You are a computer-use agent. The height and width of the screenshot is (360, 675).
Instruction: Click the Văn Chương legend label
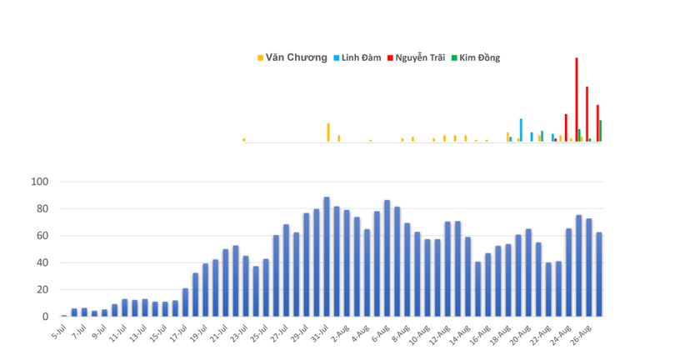296,58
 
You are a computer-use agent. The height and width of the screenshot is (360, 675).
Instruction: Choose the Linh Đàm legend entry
360,58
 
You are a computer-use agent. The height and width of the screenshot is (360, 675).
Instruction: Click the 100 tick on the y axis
40,182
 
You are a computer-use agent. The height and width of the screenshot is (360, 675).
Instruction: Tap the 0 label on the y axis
46,317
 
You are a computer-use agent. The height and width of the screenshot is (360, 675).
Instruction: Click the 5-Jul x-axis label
57,332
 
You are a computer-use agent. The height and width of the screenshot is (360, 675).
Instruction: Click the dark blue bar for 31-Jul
327,258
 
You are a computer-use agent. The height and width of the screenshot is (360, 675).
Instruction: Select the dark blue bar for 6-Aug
387,259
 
